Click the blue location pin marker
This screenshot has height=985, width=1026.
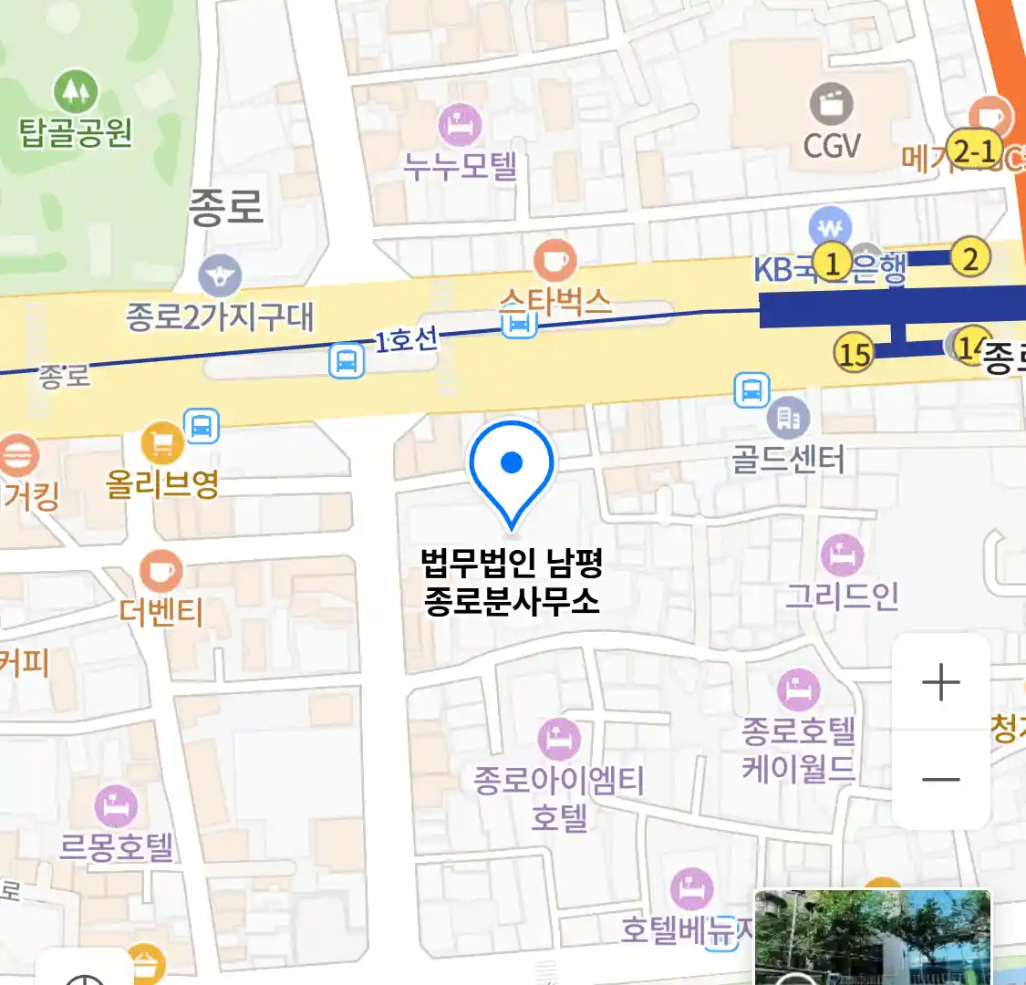(512, 465)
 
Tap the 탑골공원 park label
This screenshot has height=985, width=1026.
(76, 134)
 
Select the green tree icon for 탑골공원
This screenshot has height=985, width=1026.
(76, 91)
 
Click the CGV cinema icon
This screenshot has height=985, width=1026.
(831, 103)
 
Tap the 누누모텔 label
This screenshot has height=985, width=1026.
(461, 166)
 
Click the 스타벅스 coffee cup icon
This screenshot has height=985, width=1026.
(554, 261)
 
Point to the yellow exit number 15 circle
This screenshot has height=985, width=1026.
(854, 353)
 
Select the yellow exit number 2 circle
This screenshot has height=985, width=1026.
(970, 258)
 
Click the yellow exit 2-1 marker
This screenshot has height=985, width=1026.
(974, 150)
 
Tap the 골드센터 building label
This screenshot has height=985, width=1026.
(788, 458)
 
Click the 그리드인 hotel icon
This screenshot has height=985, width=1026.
(843, 554)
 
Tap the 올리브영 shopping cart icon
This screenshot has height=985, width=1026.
(162, 444)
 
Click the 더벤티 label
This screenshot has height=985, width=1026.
(161, 611)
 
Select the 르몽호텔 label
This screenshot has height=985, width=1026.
(116, 846)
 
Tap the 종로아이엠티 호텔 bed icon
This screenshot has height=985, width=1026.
(559, 738)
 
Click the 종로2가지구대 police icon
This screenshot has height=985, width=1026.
(220, 275)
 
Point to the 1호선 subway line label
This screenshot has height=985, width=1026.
(407, 340)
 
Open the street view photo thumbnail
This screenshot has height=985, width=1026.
(872, 938)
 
